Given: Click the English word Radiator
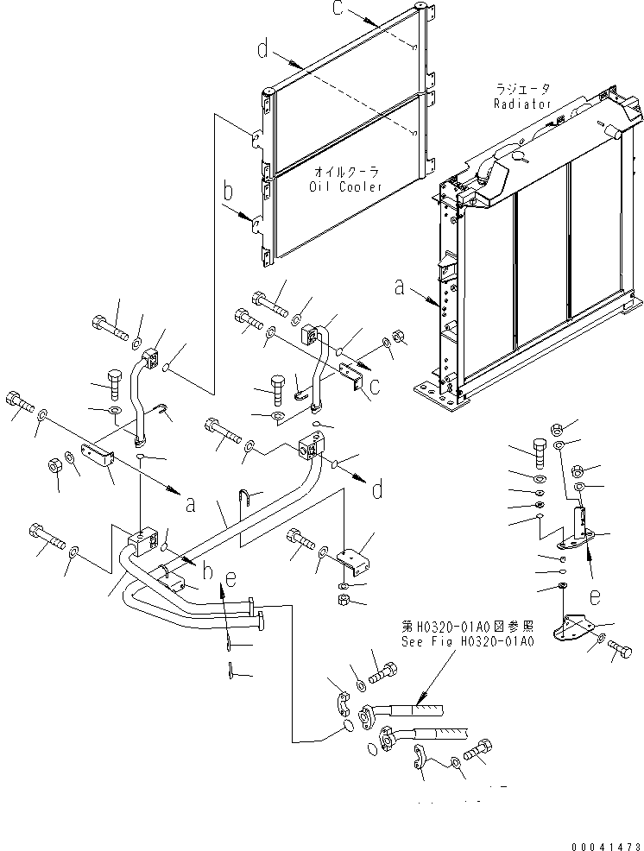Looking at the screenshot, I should [522, 104].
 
